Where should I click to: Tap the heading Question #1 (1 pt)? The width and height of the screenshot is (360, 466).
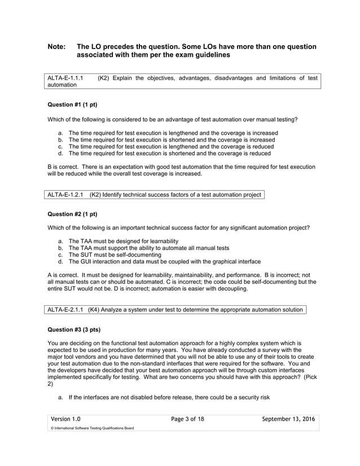point(72,104)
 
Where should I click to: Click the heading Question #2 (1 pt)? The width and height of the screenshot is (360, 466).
point(72,214)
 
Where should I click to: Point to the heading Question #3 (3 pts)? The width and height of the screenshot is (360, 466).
point(74,328)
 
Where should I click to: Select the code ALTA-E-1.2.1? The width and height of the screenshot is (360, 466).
point(65,195)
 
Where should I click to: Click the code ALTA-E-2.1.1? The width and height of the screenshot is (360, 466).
point(65,309)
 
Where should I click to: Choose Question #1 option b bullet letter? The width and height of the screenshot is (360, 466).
point(60,139)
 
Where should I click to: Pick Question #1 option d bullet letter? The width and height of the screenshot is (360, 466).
point(60,153)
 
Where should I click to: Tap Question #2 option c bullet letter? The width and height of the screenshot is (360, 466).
point(60,254)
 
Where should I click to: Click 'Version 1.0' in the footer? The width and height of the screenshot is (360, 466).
point(66,419)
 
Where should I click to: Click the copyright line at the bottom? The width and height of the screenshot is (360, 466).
point(91,428)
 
